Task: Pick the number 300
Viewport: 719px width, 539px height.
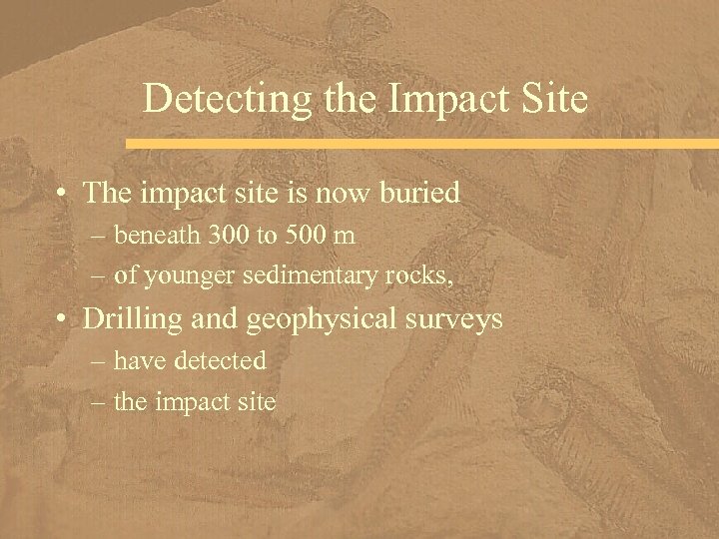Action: [226, 236]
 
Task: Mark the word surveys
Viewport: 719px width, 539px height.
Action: [457, 320]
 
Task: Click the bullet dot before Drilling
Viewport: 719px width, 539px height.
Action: [63, 319]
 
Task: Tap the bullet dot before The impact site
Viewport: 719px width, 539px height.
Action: [63, 193]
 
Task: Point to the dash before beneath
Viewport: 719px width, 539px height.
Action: [102, 237]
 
